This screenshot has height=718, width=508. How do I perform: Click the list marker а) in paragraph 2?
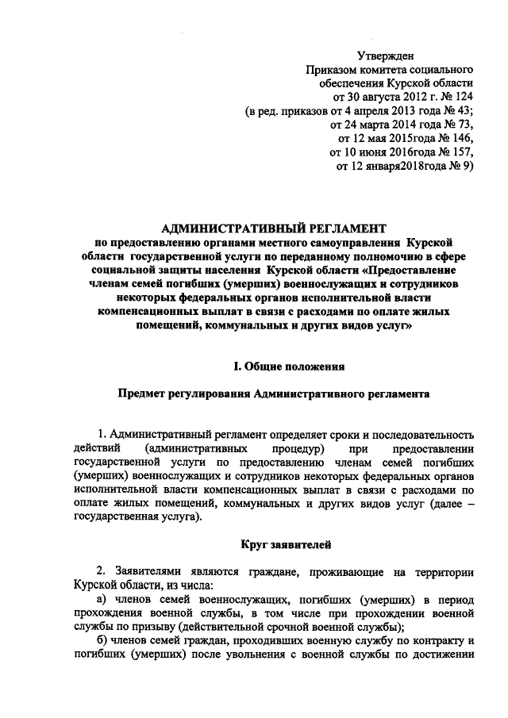coord(101,600)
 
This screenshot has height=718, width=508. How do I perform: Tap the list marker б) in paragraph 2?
coord(101,641)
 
